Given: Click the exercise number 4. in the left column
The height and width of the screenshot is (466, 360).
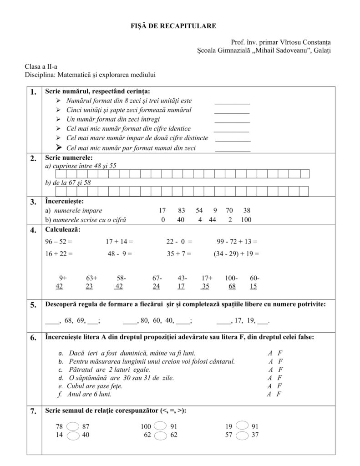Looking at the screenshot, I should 33,230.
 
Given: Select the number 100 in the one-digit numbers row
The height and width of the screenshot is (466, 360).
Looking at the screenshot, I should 246,220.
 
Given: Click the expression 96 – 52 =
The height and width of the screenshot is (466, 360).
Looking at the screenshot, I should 59,242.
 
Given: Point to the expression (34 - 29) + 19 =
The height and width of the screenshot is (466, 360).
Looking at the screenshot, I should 236,254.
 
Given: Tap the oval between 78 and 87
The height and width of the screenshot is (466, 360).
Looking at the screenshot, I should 73,426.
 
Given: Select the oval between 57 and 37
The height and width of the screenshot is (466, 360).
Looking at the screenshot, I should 243,436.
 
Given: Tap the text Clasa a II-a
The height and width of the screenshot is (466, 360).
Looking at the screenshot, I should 38,66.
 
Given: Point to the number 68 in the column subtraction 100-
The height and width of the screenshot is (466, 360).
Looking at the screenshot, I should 232,287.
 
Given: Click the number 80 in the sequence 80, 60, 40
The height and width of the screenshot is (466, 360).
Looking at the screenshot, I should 145,321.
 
